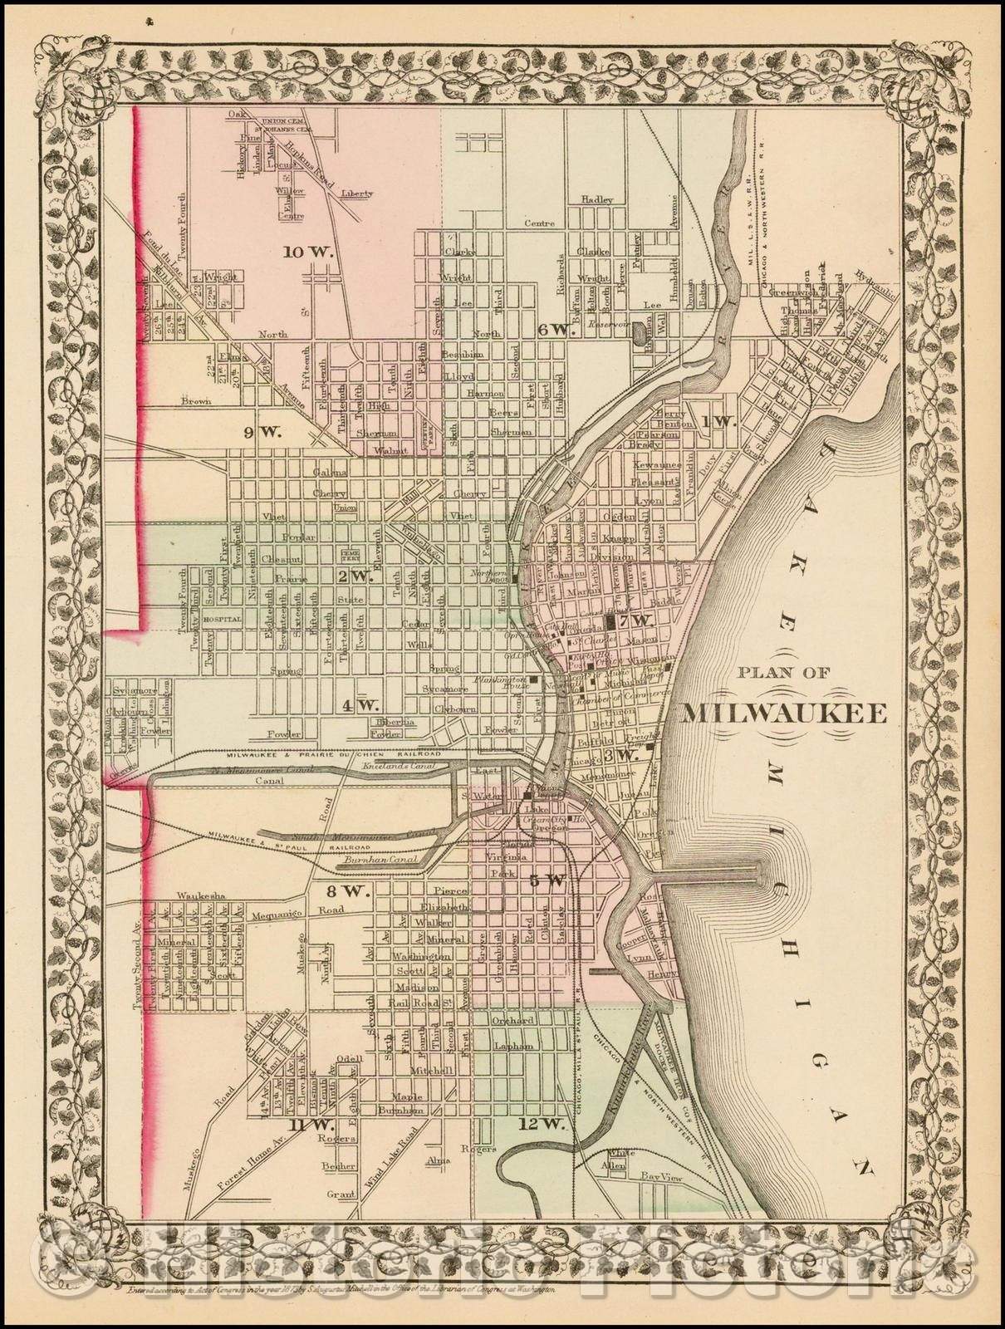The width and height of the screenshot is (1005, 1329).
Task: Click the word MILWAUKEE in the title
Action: point(784,714)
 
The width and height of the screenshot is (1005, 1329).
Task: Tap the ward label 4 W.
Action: point(359,705)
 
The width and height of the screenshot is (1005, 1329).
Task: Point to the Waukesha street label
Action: point(197,895)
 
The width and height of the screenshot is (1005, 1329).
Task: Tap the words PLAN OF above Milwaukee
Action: point(784,674)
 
